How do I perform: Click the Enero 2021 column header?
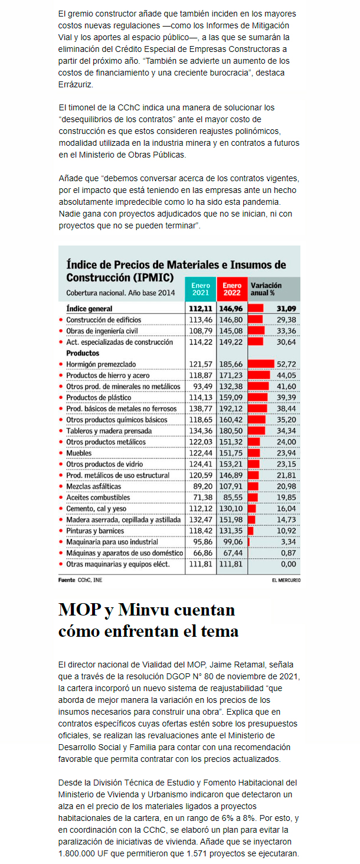pos(201,289)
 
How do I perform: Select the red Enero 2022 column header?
pos(231,289)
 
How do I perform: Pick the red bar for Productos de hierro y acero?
pos(259,375)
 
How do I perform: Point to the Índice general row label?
pos(89,309)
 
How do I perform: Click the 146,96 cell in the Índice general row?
pos(231,309)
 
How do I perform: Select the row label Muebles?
pos(78,453)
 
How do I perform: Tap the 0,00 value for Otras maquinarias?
pos(288,564)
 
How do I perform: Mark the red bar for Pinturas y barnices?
pos(251,531)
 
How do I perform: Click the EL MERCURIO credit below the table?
pos(286,580)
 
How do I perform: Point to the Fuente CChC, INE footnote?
pos(80,580)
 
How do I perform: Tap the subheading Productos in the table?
pos(83,353)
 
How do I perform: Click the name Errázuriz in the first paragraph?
pos(76,84)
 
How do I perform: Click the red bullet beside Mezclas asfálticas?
pos(61,486)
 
